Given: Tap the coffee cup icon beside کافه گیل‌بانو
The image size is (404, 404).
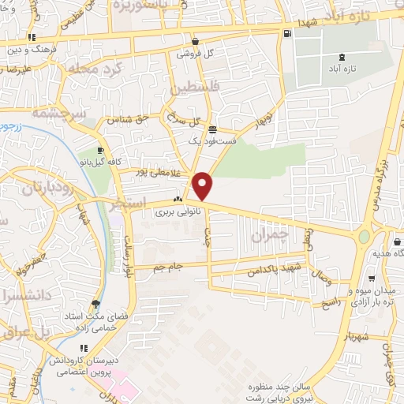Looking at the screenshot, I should click(x=100, y=151).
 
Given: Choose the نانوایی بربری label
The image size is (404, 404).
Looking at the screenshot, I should click(x=174, y=211).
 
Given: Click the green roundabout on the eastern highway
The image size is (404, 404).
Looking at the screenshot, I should click(x=364, y=236).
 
